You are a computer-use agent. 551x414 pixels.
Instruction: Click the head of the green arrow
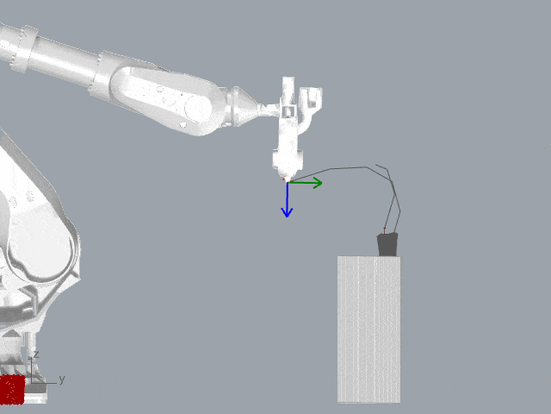(x=319, y=183)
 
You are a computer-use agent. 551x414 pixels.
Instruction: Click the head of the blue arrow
(x=287, y=212)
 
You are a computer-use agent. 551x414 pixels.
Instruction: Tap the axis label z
(x=36, y=354)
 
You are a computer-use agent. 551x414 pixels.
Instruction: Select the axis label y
(x=62, y=379)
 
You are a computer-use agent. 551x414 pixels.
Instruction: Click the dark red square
(x=12, y=389)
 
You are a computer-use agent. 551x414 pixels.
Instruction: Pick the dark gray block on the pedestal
(x=387, y=244)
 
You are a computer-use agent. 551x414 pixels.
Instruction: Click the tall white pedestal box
(x=368, y=329)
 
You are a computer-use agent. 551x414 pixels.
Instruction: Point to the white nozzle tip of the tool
(x=288, y=179)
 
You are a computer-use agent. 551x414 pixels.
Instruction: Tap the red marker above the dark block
(x=385, y=229)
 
